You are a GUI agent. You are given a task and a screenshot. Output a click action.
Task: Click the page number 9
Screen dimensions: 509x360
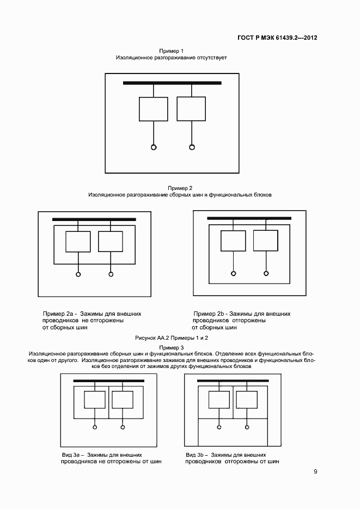click(315, 471)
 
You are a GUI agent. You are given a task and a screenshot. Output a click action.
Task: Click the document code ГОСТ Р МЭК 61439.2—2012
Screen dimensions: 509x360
click(278, 38)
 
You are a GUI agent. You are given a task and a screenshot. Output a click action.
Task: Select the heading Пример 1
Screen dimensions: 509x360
click(171, 51)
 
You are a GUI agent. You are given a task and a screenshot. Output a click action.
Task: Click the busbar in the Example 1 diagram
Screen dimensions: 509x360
click(172, 83)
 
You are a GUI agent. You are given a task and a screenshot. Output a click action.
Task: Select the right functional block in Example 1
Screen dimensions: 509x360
click(191, 109)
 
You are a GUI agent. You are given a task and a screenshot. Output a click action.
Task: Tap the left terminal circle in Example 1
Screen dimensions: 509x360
click(154, 146)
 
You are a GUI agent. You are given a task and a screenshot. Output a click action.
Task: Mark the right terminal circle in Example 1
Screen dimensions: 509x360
click(192, 146)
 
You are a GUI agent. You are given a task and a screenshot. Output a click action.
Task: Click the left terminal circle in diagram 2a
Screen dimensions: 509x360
click(78, 274)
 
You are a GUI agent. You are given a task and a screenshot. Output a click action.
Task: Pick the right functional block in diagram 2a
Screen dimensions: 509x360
click(111, 241)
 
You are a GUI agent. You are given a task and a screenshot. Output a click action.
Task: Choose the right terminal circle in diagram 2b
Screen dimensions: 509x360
click(266, 273)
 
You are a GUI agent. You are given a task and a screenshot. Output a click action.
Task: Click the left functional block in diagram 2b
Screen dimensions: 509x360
click(233, 241)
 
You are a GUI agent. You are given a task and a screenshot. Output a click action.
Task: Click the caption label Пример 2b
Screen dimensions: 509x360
click(210, 314)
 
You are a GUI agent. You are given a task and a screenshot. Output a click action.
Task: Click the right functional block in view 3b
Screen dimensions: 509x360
click(246, 400)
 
